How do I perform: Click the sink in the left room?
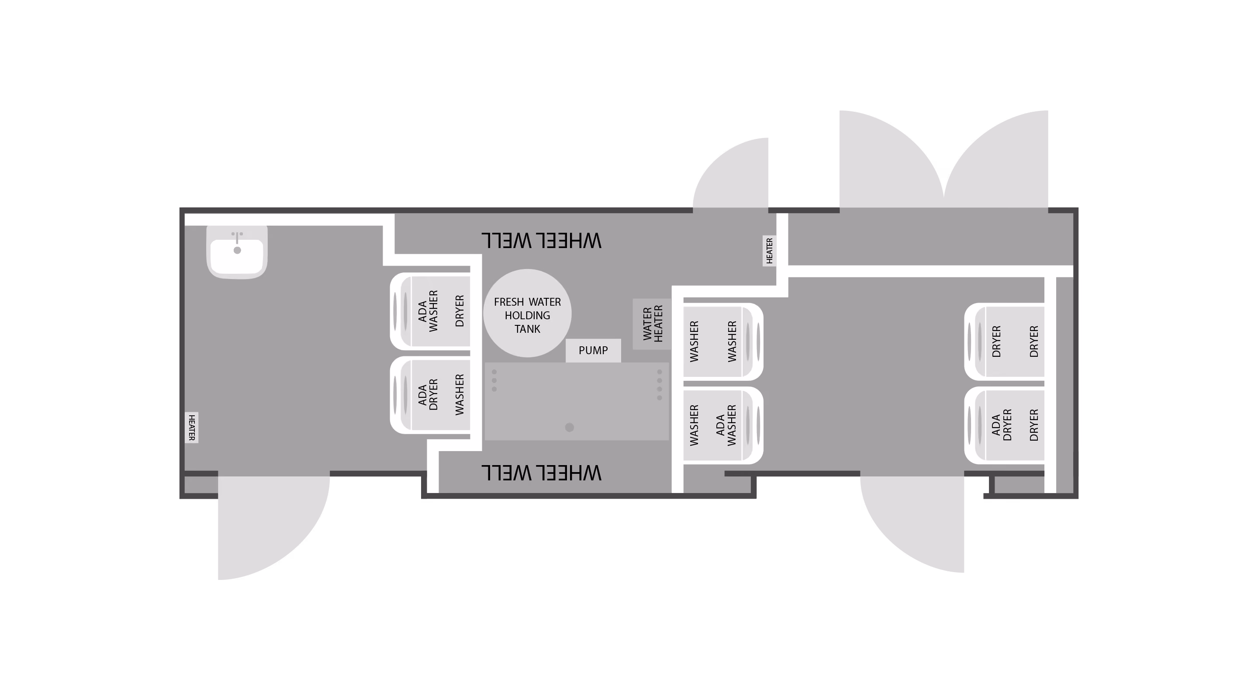pos(237,252)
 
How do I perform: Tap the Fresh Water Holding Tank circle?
pos(527,313)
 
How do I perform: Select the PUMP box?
pos(593,350)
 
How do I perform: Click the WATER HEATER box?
pos(652,324)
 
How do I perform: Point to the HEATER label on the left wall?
pos(191,427)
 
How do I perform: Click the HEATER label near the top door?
pos(769,251)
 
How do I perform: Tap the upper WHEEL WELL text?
pos(541,241)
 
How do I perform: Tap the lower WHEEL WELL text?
pos(541,473)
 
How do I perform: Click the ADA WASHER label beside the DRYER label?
pos(428,311)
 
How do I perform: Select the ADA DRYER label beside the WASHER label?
pos(428,394)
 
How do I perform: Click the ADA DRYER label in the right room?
pos(1002,425)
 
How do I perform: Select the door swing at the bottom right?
pos(912,524)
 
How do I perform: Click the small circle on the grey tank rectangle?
pos(570,427)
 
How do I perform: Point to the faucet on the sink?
pos(237,237)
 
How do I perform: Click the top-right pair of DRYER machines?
pos(1005,342)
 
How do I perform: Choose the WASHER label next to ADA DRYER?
pos(459,394)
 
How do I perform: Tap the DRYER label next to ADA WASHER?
pos(459,311)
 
